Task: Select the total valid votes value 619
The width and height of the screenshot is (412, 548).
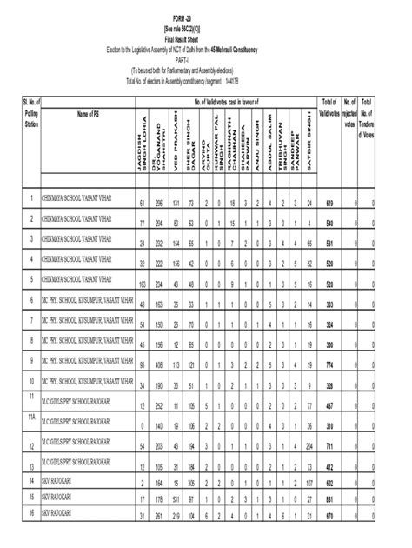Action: pos(329,203)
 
